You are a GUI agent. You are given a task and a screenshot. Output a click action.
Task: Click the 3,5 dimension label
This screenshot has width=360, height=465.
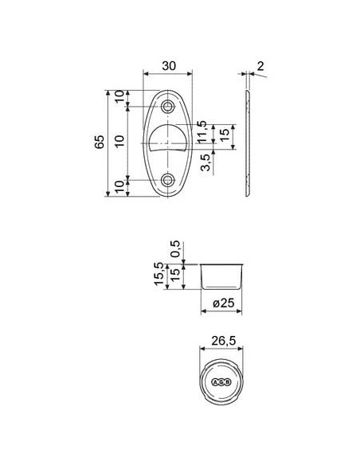point(206,163)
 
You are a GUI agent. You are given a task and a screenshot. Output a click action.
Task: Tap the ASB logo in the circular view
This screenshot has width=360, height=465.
point(221,382)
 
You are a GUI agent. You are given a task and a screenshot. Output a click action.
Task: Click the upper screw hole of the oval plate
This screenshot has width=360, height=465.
point(168,107)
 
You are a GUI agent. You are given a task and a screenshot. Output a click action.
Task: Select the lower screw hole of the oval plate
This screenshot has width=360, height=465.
point(168,181)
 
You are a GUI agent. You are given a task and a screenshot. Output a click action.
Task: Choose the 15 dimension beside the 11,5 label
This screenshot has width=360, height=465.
point(225,135)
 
